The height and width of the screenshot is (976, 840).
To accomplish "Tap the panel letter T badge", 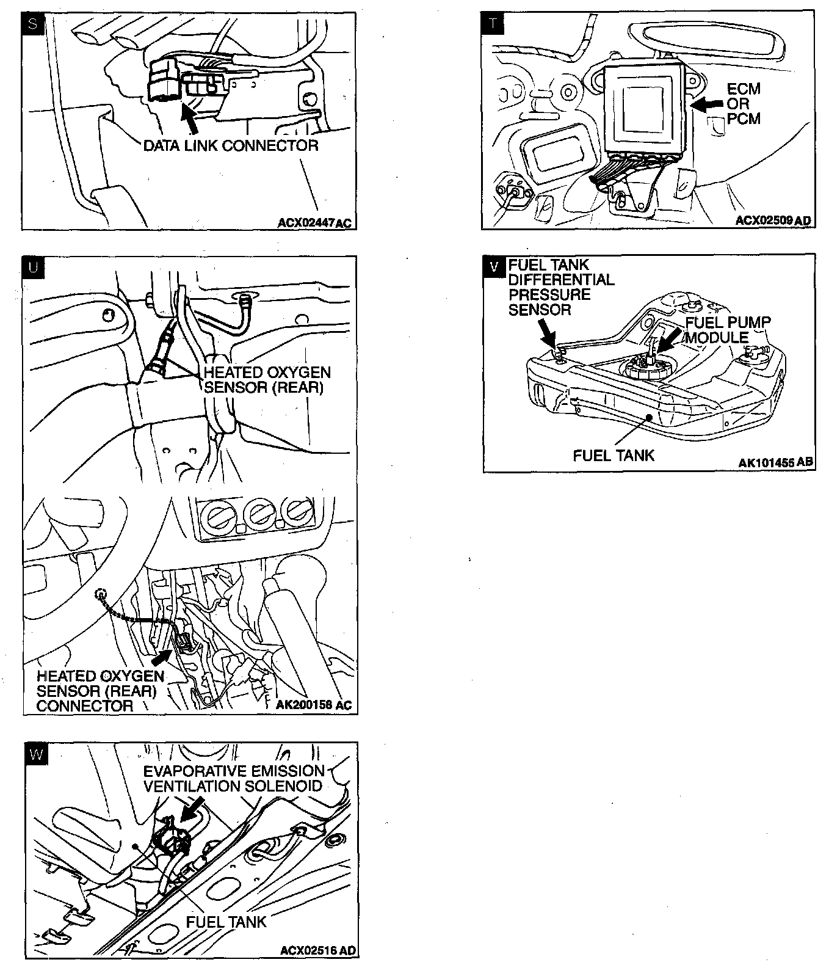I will click(x=493, y=24).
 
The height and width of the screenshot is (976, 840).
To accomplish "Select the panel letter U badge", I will click(x=33, y=267).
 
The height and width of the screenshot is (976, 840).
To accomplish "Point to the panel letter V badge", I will click(x=493, y=266).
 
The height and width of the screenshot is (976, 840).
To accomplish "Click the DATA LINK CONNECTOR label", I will click(x=231, y=145).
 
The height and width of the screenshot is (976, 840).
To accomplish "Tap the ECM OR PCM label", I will click(x=744, y=104).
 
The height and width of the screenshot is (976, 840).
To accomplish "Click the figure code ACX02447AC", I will click(x=314, y=222).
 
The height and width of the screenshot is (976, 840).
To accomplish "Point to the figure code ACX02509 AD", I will click(x=773, y=220).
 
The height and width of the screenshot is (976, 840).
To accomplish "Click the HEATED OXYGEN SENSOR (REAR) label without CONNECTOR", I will click(x=267, y=380).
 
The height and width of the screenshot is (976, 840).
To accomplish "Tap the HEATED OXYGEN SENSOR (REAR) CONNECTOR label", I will click(x=100, y=691).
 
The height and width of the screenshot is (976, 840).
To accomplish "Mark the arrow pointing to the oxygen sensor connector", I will click(x=161, y=657).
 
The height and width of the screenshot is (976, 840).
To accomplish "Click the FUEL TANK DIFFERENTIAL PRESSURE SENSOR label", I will click(x=561, y=287).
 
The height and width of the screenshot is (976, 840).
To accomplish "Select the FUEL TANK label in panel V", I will click(x=614, y=455).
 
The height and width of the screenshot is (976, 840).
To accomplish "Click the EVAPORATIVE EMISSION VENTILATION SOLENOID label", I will click(x=234, y=778).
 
